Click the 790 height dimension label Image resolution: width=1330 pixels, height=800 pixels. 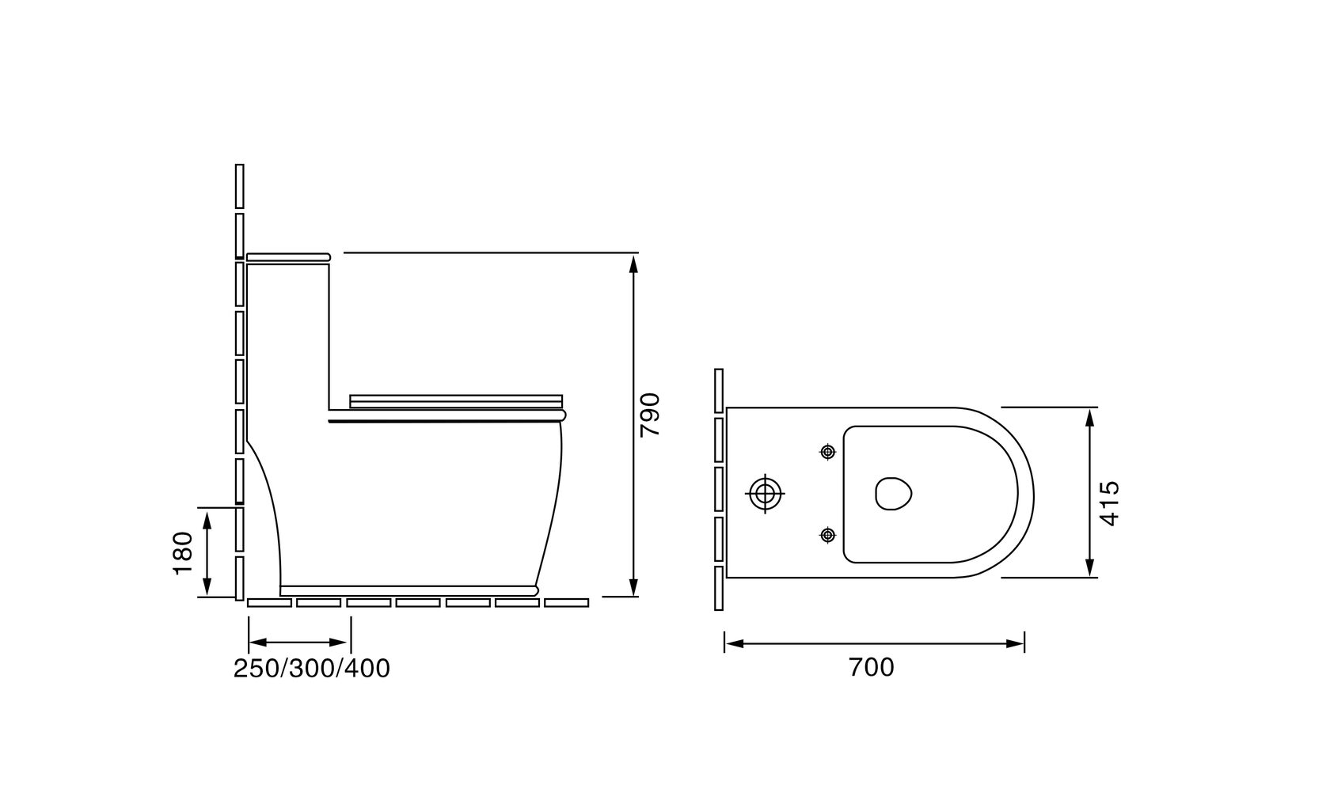pyautogui.click(x=649, y=415)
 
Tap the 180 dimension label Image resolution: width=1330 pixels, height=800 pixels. pyautogui.click(x=184, y=553)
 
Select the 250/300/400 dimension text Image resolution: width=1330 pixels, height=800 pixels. pyautogui.click(x=312, y=668)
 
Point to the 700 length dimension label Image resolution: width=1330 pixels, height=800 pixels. pyautogui.click(x=871, y=668)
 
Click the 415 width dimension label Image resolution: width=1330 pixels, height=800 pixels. pyautogui.click(x=1109, y=503)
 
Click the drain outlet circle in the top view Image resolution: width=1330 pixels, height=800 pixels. pyautogui.click(x=766, y=494)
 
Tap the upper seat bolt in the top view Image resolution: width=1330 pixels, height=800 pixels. pyautogui.click(x=828, y=453)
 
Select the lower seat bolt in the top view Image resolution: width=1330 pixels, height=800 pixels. pyautogui.click(x=828, y=535)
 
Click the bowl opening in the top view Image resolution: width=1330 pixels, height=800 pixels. pyautogui.click(x=894, y=494)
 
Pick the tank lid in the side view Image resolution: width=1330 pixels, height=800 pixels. pyautogui.click(x=288, y=257)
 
